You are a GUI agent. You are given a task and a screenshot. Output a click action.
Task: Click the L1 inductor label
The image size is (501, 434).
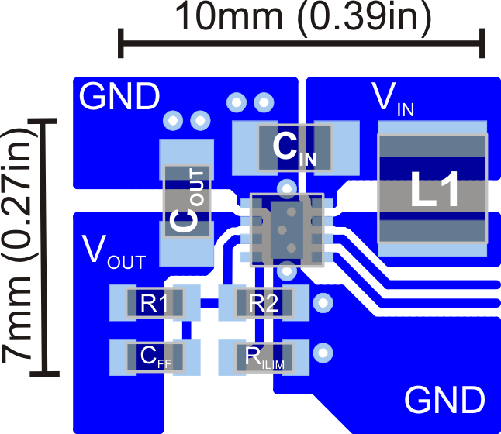(433, 192)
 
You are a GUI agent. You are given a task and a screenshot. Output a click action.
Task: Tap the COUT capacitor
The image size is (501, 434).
(185, 201)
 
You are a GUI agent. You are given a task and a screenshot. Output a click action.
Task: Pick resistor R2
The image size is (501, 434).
(264, 303)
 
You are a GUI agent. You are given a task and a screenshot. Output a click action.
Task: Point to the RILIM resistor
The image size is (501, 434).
(264, 356)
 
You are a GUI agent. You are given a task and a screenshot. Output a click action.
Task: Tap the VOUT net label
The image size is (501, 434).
(113, 251)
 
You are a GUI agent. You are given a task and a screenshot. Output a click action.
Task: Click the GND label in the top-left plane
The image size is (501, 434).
(119, 98)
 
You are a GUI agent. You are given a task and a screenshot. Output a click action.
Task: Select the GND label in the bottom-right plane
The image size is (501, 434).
(444, 401)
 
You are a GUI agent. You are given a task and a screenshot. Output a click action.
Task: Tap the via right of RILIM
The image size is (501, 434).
(321, 353)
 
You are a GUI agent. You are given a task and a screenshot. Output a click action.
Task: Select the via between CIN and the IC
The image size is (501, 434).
(287, 188)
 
